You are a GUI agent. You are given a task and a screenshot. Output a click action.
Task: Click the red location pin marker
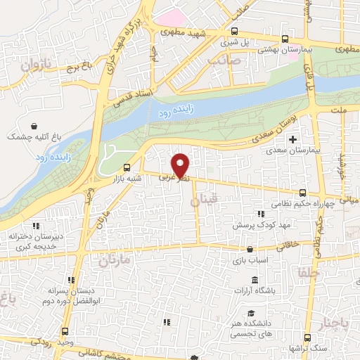tap(181, 165)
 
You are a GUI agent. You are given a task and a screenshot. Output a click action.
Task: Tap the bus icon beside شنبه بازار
tap(127, 167)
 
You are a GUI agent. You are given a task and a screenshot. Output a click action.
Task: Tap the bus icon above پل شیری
tap(234, 32)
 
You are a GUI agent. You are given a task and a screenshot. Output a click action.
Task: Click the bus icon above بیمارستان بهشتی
tap(285, 39)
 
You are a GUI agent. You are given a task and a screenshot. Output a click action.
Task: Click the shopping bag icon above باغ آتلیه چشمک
tap(34, 126)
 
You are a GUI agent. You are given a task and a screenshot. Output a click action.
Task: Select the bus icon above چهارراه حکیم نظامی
tap(302, 193)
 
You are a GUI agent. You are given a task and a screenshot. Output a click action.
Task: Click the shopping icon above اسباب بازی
tap(250, 249)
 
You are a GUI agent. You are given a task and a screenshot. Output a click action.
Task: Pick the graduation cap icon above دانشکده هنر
tap(250, 314)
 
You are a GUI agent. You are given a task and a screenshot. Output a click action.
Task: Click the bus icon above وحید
tap(65, 330)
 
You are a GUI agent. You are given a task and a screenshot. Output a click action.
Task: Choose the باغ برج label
tap(80, 70)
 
